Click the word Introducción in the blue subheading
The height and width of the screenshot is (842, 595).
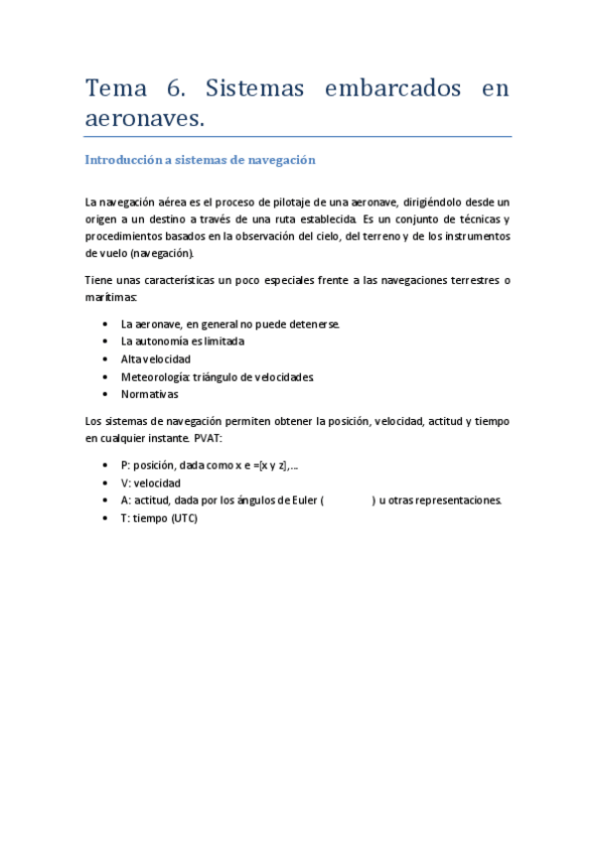tap(123, 159)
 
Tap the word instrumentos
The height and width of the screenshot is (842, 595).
tap(472, 235)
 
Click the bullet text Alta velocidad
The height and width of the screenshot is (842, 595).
tap(156, 358)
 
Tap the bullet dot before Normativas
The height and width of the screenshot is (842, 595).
tap(106, 394)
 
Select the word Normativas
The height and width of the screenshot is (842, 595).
tap(150, 394)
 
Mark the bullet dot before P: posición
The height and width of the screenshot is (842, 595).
tap(106, 466)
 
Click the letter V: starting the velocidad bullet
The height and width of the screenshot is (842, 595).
tap(126, 483)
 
